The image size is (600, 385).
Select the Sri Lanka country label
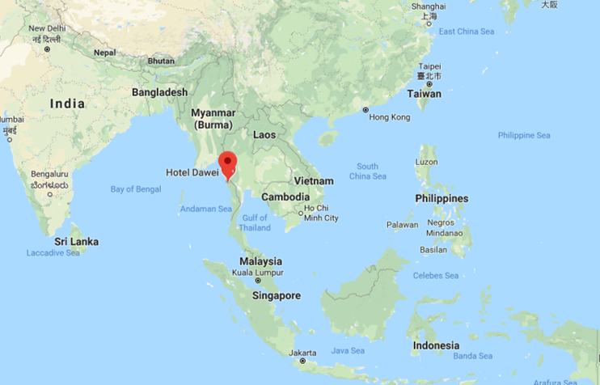coord(77,242)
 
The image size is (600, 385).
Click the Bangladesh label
coord(159,92)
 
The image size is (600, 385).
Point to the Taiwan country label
coord(424,93)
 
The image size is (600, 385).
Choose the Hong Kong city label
coord(390,117)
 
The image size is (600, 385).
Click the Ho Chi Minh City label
coord(322,214)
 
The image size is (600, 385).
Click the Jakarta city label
coord(302,353)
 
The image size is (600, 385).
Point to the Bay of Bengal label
coord(135,189)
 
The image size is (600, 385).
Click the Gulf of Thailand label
coord(255,223)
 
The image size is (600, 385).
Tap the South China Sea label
coord(368,171)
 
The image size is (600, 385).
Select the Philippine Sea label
coord(524,135)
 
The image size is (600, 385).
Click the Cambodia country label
coord(285,197)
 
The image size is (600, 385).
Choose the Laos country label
coord(264,135)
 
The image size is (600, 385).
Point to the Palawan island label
coord(402,224)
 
